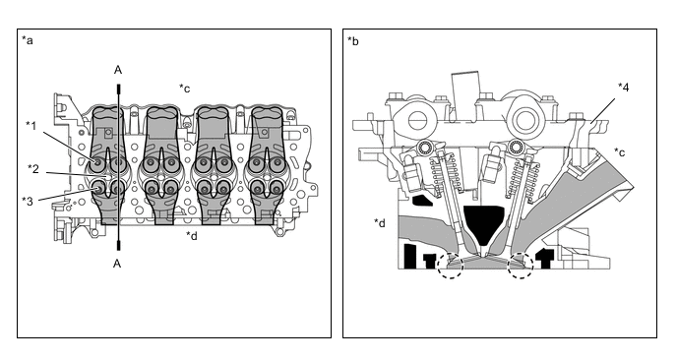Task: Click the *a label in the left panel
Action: (x=28, y=40)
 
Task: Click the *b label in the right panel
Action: (x=352, y=40)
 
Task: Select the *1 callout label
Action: (x=31, y=126)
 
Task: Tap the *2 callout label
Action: (x=33, y=169)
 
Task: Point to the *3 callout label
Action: (x=28, y=201)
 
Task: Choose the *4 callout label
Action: (x=623, y=88)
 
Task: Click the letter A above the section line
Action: (x=118, y=70)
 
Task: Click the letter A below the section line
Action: (x=117, y=264)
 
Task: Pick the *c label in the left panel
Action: (x=184, y=89)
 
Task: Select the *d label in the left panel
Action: (x=192, y=235)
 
